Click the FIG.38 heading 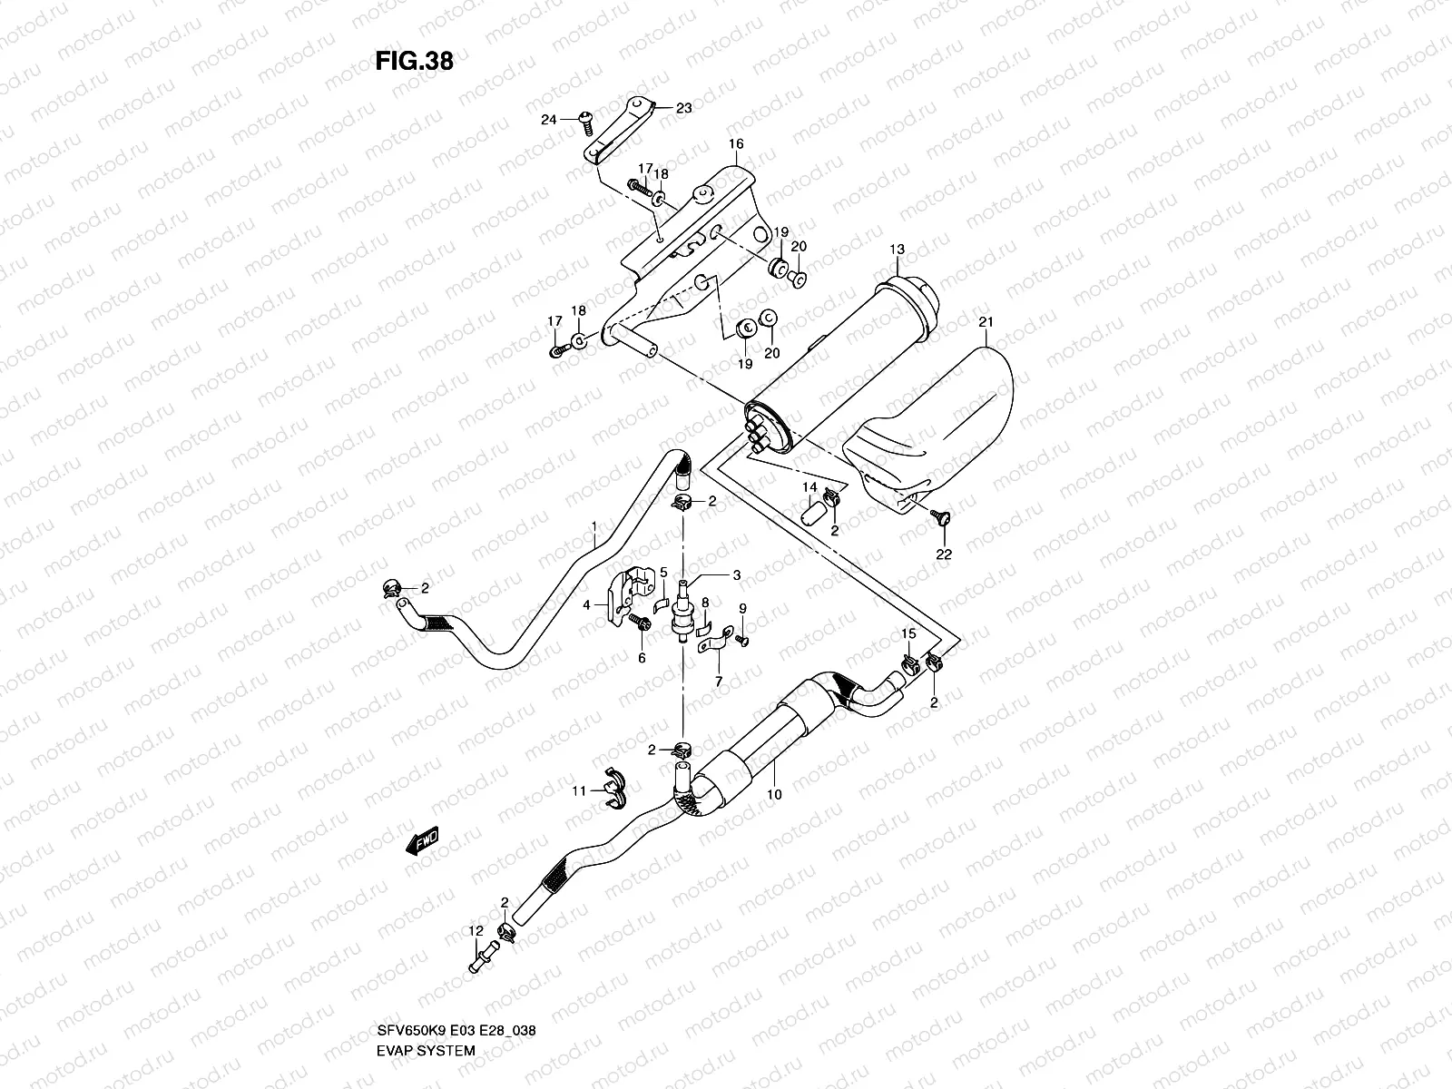pyautogui.click(x=414, y=61)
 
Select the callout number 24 pyautogui.click(x=547, y=119)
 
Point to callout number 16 pyautogui.click(x=735, y=144)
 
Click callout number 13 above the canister pyautogui.click(x=897, y=249)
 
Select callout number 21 pyautogui.click(x=986, y=322)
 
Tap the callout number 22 pyautogui.click(x=943, y=554)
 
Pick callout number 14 pyautogui.click(x=809, y=489)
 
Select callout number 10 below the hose pyautogui.click(x=774, y=793)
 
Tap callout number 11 pyautogui.click(x=577, y=791)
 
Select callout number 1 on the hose pyautogui.click(x=594, y=526)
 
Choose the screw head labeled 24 pyautogui.click(x=584, y=118)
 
